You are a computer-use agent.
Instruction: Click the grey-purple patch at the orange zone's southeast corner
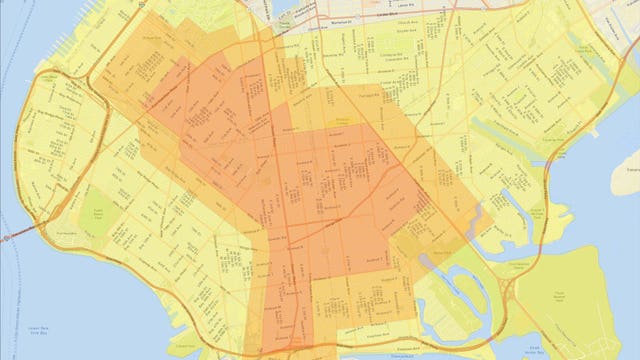tap(431, 257)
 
